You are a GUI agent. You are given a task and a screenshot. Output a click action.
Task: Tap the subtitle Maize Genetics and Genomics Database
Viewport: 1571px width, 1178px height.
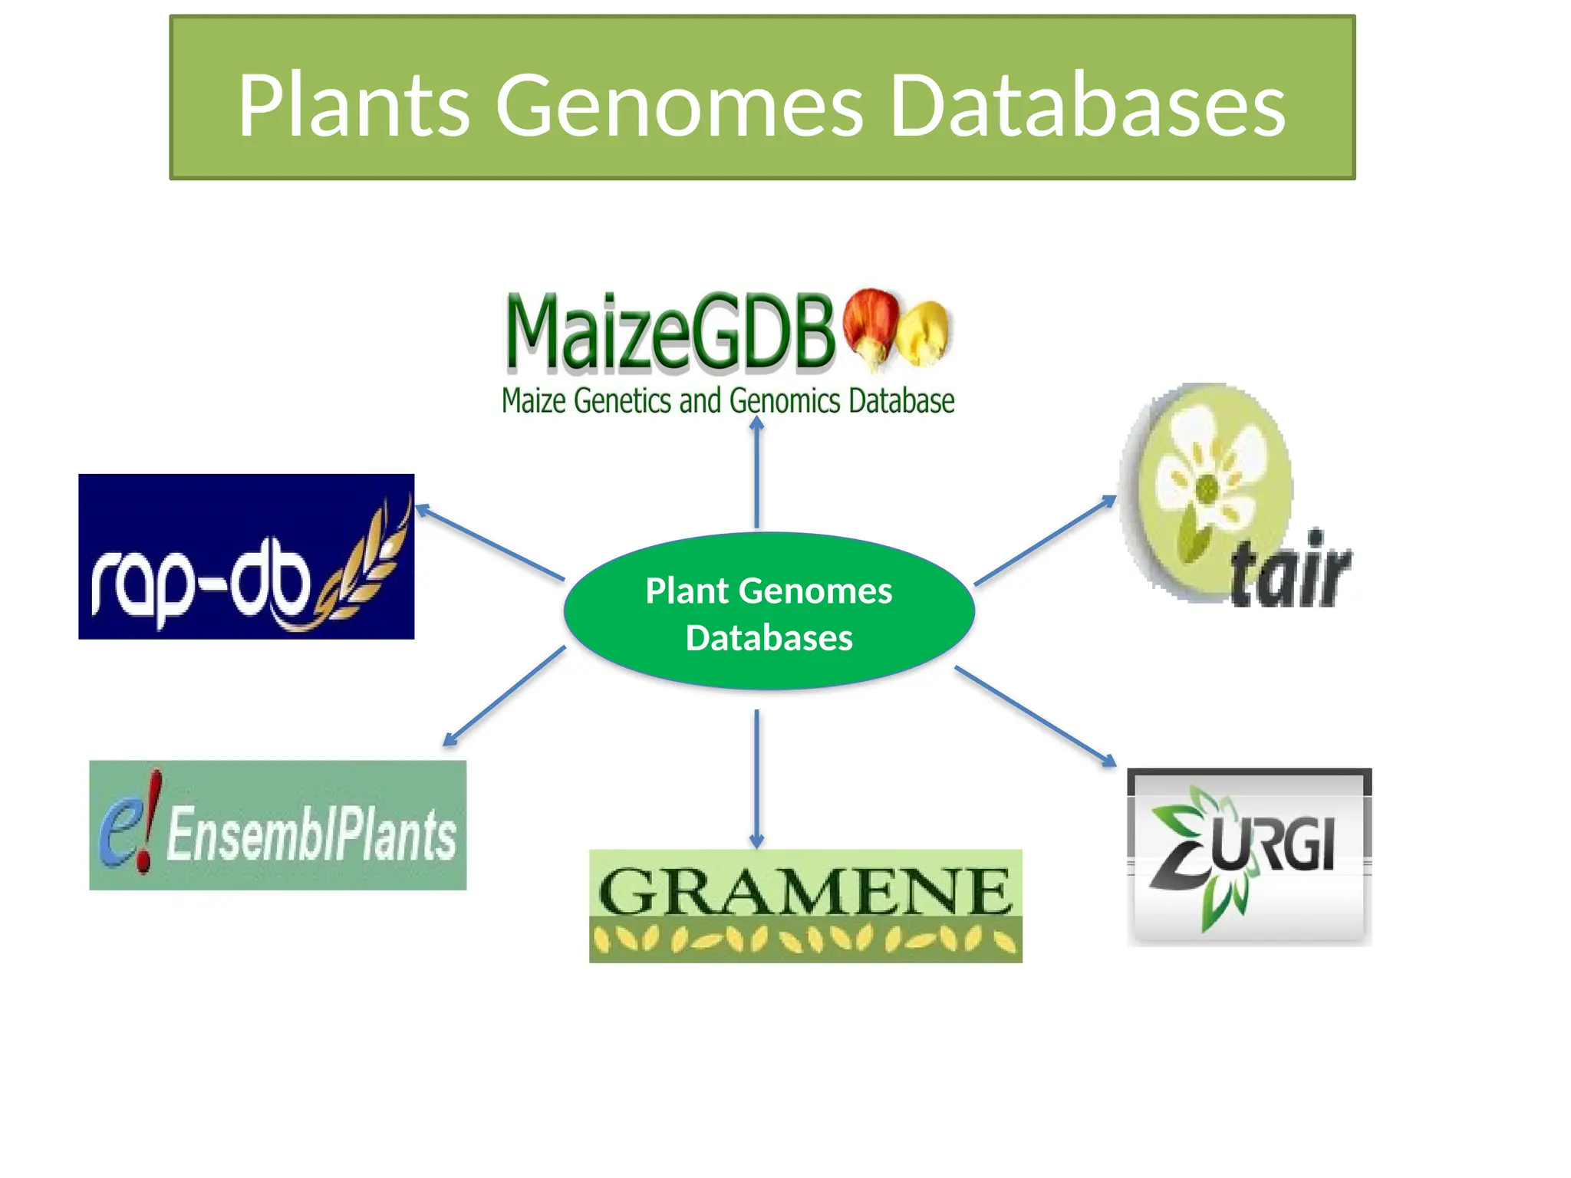pyautogui.click(x=727, y=401)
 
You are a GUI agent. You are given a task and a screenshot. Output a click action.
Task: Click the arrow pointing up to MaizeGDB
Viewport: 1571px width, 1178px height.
pyautogui.click(x=756, y=472)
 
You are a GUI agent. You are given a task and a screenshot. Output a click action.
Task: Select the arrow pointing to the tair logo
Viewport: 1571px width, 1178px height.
pyautogui.click(x=1045, y=540)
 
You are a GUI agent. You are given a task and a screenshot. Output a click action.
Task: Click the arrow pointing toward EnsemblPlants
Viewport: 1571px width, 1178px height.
pyautogui.click(x=504, y=696)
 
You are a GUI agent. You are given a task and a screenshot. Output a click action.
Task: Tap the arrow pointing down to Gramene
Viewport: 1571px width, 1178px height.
pyautogui.click(x=756, y=778)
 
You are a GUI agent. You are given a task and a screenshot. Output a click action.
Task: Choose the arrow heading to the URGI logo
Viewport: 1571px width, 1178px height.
pyautogui.click(x=1036, y=716)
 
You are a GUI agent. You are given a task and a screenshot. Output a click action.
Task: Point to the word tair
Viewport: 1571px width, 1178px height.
pyautogui.click(x=1289, y=571)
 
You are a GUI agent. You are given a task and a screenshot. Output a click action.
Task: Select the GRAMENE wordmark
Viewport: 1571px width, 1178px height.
pyautogui.click(x=805, y=891)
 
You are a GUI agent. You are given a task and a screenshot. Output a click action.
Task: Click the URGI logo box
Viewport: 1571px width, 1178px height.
pyautogui.click(x=1249, y=857)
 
